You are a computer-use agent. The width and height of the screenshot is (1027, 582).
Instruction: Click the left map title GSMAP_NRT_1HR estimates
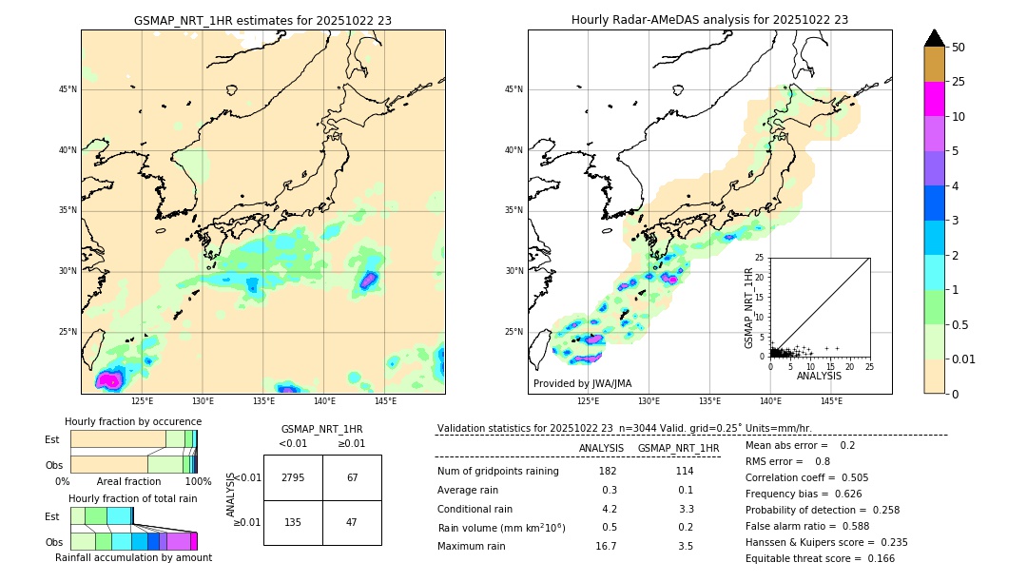(262, 20)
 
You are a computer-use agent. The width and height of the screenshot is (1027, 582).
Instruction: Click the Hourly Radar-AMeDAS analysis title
(709, 20)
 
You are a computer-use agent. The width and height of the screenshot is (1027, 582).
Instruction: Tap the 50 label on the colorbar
(959, 48)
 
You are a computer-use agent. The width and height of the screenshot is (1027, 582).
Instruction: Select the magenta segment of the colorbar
(934, 99)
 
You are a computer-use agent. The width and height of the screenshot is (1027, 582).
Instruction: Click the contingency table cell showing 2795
(293, 477)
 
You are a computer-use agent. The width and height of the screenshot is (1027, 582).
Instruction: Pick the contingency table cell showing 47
(352, 521)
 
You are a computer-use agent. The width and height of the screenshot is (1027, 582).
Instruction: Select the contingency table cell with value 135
(293, 521)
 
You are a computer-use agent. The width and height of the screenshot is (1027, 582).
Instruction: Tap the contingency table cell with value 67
(352, 477)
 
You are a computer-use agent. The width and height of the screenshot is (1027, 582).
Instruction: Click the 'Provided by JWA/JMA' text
(582, 383)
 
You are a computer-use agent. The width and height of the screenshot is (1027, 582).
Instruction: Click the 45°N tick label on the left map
(68, 89)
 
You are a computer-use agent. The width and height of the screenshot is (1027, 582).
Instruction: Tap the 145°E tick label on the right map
(831, 401)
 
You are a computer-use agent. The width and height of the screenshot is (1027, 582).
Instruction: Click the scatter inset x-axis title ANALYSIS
(819, 376)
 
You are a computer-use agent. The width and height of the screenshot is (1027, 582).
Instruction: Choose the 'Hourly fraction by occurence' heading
(133, 421)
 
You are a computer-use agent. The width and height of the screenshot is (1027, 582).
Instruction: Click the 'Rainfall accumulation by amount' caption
(133, 557)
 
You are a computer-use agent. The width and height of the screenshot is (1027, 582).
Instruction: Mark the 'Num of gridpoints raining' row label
(497, 472)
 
